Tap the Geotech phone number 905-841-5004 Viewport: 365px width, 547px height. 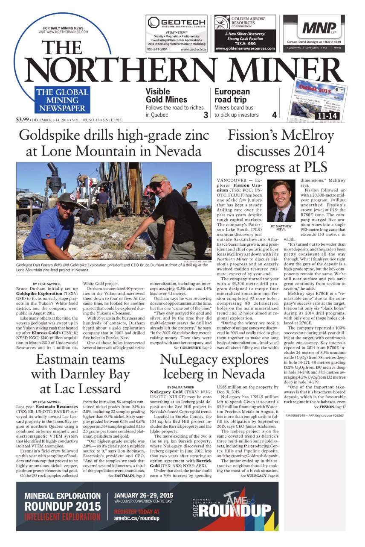(157, 50)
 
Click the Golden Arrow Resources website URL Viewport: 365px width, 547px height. (245, 49)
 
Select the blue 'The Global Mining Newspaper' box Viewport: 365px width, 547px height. (62, 100)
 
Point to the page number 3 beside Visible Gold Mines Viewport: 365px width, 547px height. (206, 115)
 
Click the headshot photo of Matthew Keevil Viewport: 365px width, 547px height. (280, 200)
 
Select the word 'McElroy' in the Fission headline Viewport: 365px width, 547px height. (306, 135)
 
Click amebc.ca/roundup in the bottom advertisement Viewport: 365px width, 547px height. (136, 518)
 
